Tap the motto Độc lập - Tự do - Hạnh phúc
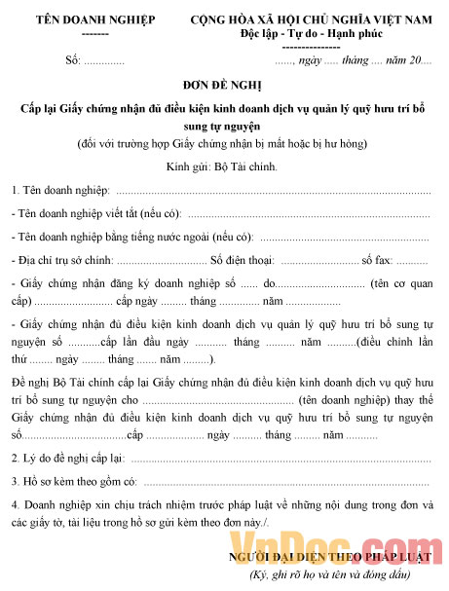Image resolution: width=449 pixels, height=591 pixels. click(311, 34)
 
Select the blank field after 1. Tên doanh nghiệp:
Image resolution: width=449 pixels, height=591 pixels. click(273, 190)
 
